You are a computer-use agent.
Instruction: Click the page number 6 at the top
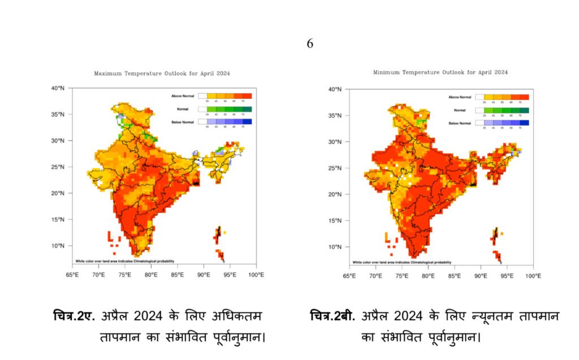(310, 44)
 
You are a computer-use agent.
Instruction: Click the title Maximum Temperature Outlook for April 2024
(162, 73)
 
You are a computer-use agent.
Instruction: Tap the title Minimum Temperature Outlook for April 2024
(440, 72)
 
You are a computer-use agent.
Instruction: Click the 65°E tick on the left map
(72, 275)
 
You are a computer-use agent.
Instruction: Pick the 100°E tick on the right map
(533, 276)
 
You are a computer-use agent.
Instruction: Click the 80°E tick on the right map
(428, 276)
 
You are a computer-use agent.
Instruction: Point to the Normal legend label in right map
(459, 110)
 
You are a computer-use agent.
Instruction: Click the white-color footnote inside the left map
(124, 261)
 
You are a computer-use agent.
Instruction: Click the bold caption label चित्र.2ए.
(77, 315)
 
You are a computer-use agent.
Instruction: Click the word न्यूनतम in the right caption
(486, 315)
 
